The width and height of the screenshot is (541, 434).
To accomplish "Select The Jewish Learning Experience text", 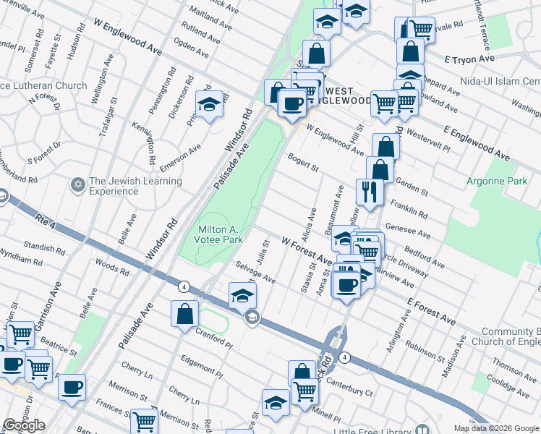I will [114, 187].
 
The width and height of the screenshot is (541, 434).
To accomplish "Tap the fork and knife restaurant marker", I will [369, 192].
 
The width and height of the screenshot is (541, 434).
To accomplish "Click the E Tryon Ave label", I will [469, 59].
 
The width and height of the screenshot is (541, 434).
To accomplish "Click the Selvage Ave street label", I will [255, 273].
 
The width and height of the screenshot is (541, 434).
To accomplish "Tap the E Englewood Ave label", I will [477, 142].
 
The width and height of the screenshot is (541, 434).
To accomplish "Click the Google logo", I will [24, 425].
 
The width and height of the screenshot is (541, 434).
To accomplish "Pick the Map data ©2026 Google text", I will [495, 428].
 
